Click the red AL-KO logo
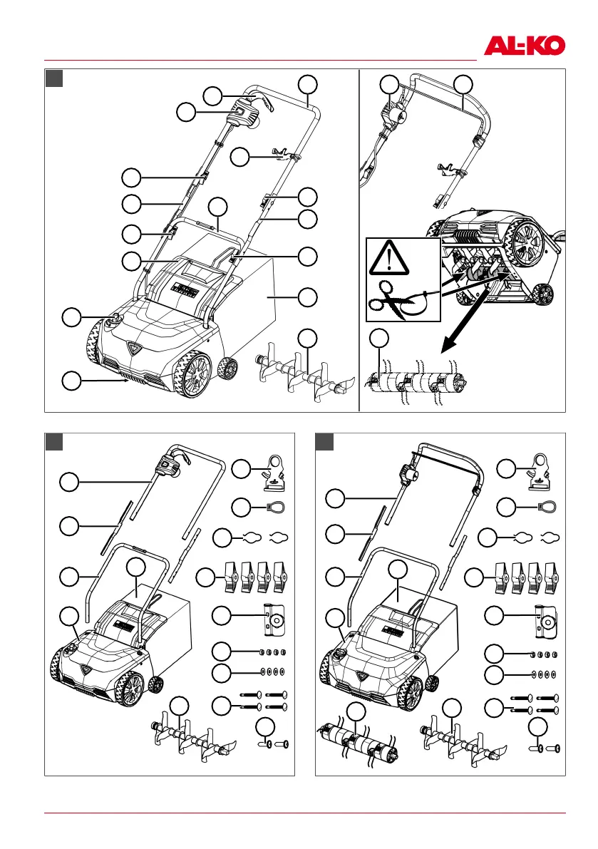525,46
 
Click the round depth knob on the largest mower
113,321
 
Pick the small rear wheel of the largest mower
228,369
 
